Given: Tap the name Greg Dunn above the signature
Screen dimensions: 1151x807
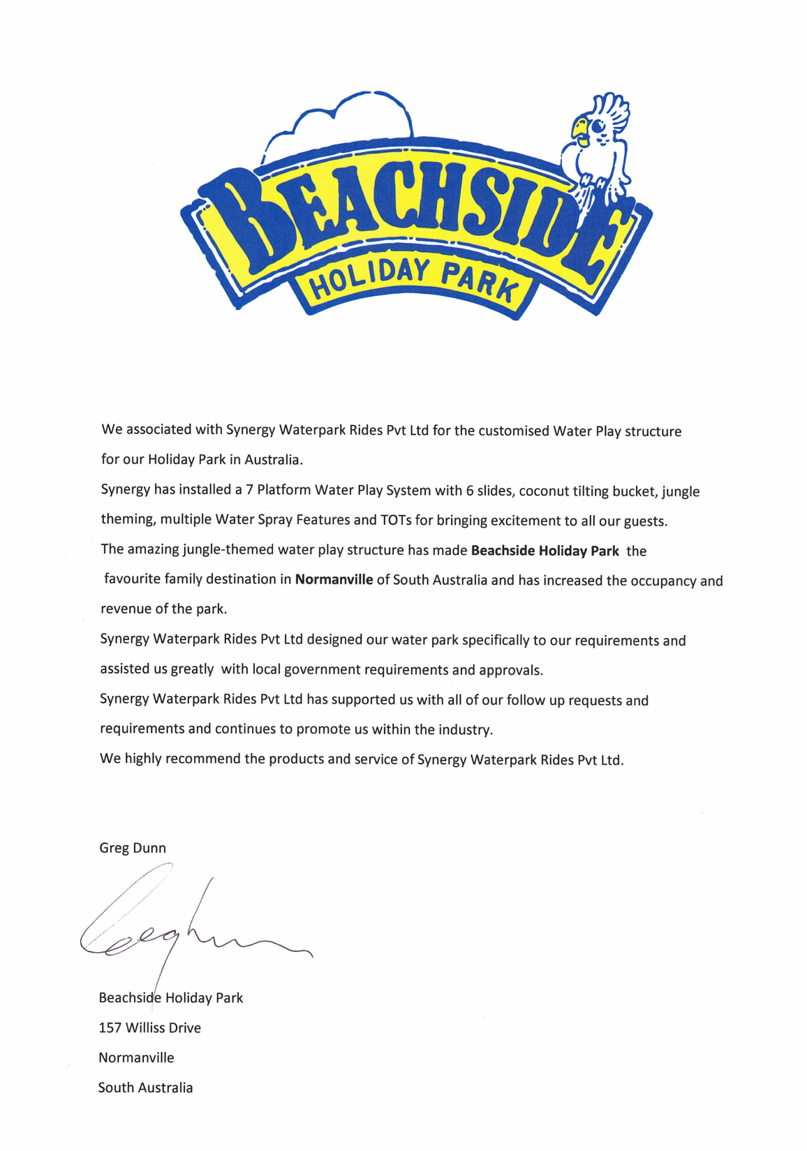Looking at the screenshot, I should coord(133,848).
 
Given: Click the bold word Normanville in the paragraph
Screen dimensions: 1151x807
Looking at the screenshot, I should coord(334,579).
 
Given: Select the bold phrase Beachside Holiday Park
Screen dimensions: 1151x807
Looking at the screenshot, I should coord(545,551).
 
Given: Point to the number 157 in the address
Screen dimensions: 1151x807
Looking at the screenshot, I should coord(110,1028).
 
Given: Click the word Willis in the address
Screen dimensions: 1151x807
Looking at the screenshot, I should coord(145,1028).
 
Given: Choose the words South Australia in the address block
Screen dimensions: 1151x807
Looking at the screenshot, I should coord(145,1087).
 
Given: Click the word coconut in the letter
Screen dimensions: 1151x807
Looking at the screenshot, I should coord(544,491).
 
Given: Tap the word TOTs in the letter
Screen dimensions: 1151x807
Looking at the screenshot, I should coord(396,521).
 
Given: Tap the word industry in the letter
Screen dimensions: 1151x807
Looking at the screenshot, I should coord(465,730).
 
